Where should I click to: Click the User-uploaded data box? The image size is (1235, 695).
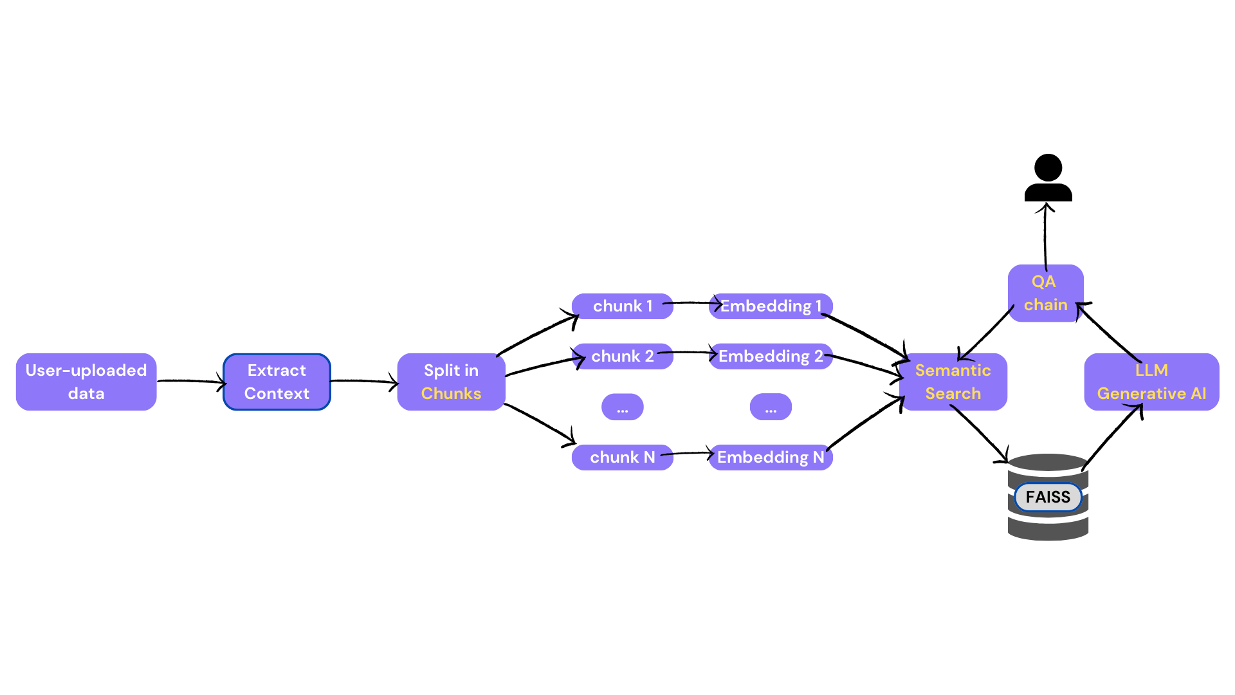point(86,382)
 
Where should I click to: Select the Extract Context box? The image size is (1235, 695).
point(277,382)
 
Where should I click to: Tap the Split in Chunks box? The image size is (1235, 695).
point(451,382)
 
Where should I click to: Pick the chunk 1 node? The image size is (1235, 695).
point(622,306)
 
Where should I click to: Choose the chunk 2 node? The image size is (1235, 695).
point(622,357)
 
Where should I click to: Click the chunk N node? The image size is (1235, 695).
point(622,458)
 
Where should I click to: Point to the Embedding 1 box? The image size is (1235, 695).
point(771,306)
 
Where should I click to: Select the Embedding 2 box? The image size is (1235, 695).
point(771,357)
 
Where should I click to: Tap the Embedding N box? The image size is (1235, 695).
point(771,458)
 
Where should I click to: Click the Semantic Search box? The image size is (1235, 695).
point(953,382)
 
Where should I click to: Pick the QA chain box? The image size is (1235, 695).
point(1045,293)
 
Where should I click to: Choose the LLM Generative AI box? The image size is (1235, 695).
point(1151,382)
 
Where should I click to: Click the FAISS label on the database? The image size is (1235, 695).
point(1048,497)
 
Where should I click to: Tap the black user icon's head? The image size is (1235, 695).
point(1048,168)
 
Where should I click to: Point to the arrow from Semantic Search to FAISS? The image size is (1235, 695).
point(980,434)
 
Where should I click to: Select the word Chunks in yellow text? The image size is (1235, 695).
point(451,394)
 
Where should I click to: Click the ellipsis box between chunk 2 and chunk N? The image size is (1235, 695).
point(622,407)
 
